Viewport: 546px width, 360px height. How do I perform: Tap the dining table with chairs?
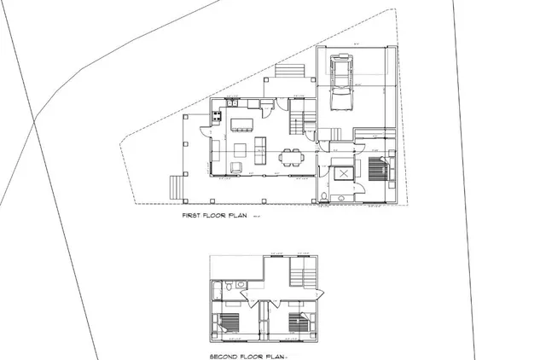(292, 156)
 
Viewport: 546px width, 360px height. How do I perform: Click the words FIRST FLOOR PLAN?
(213, 218)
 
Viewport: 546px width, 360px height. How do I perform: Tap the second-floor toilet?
(230, 283)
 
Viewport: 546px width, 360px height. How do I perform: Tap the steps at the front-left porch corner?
(177, 185)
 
